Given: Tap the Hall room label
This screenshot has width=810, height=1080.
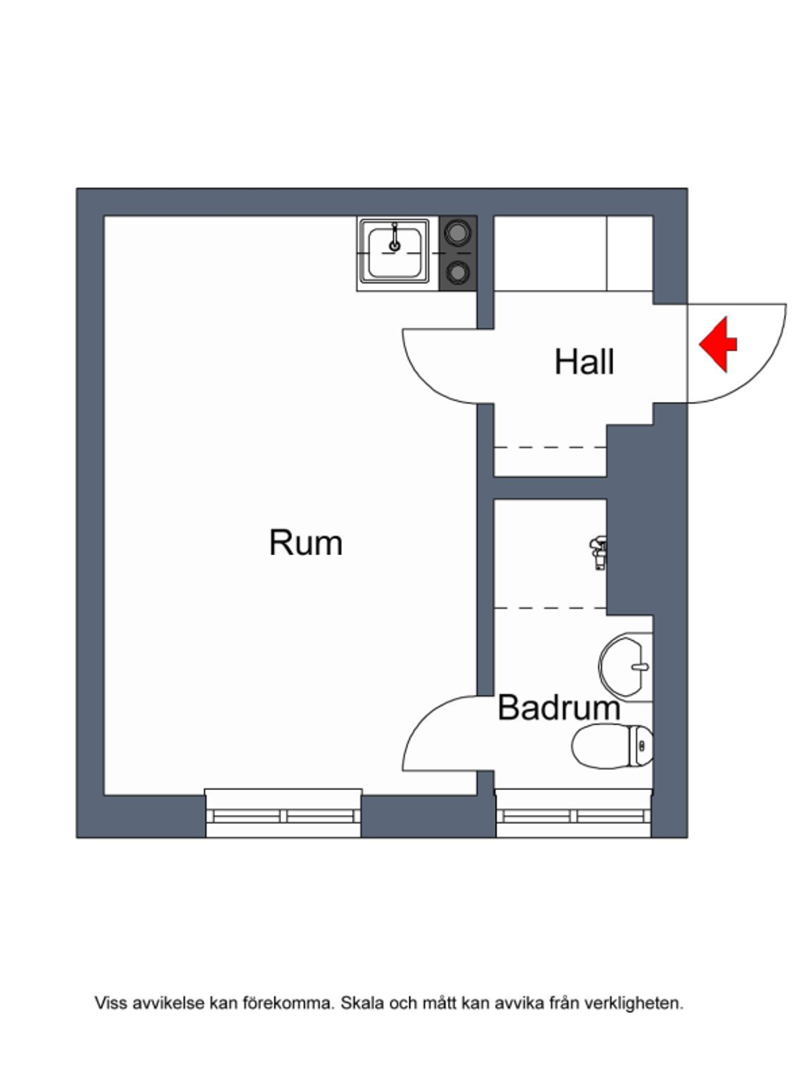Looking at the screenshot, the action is click(584, 363).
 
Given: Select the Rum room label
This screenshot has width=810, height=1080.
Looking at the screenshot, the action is click(305, 543).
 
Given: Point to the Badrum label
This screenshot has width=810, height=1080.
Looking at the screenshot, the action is click(559, 707).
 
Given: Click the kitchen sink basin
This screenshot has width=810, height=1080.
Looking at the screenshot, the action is click(394, 253).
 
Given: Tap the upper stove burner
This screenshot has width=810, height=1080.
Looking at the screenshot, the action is click(458, 233).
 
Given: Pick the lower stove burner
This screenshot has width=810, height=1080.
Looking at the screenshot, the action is click(458, 273).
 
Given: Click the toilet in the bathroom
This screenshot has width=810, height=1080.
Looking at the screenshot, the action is click(612, 746).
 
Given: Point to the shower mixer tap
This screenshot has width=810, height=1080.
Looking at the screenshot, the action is click(599, 552).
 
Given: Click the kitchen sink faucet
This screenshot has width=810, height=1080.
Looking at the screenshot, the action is click(394, 237).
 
